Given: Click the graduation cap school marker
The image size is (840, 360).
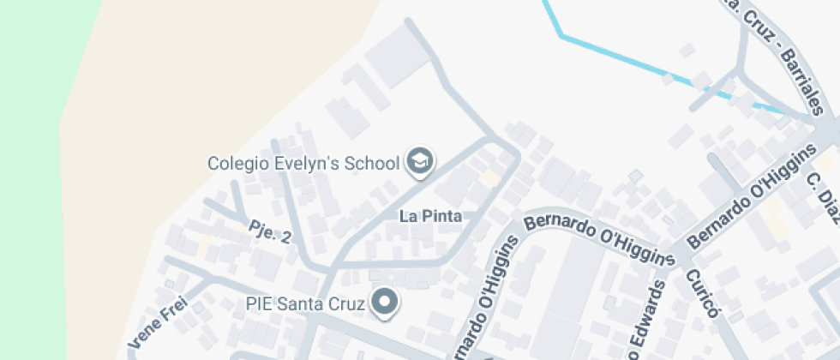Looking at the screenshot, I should point(419,161).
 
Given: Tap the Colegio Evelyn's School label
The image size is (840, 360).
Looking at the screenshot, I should point(304,163).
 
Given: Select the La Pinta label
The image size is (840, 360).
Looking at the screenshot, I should point(430,217).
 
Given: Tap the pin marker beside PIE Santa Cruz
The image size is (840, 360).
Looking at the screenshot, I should point(386,302).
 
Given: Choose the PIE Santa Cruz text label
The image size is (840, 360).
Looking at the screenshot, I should point(305,303).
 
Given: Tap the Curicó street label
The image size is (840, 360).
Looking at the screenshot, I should point(700,294).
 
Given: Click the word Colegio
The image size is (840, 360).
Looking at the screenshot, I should point(234,163).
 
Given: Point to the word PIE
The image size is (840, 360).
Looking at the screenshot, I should point(256,303).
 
